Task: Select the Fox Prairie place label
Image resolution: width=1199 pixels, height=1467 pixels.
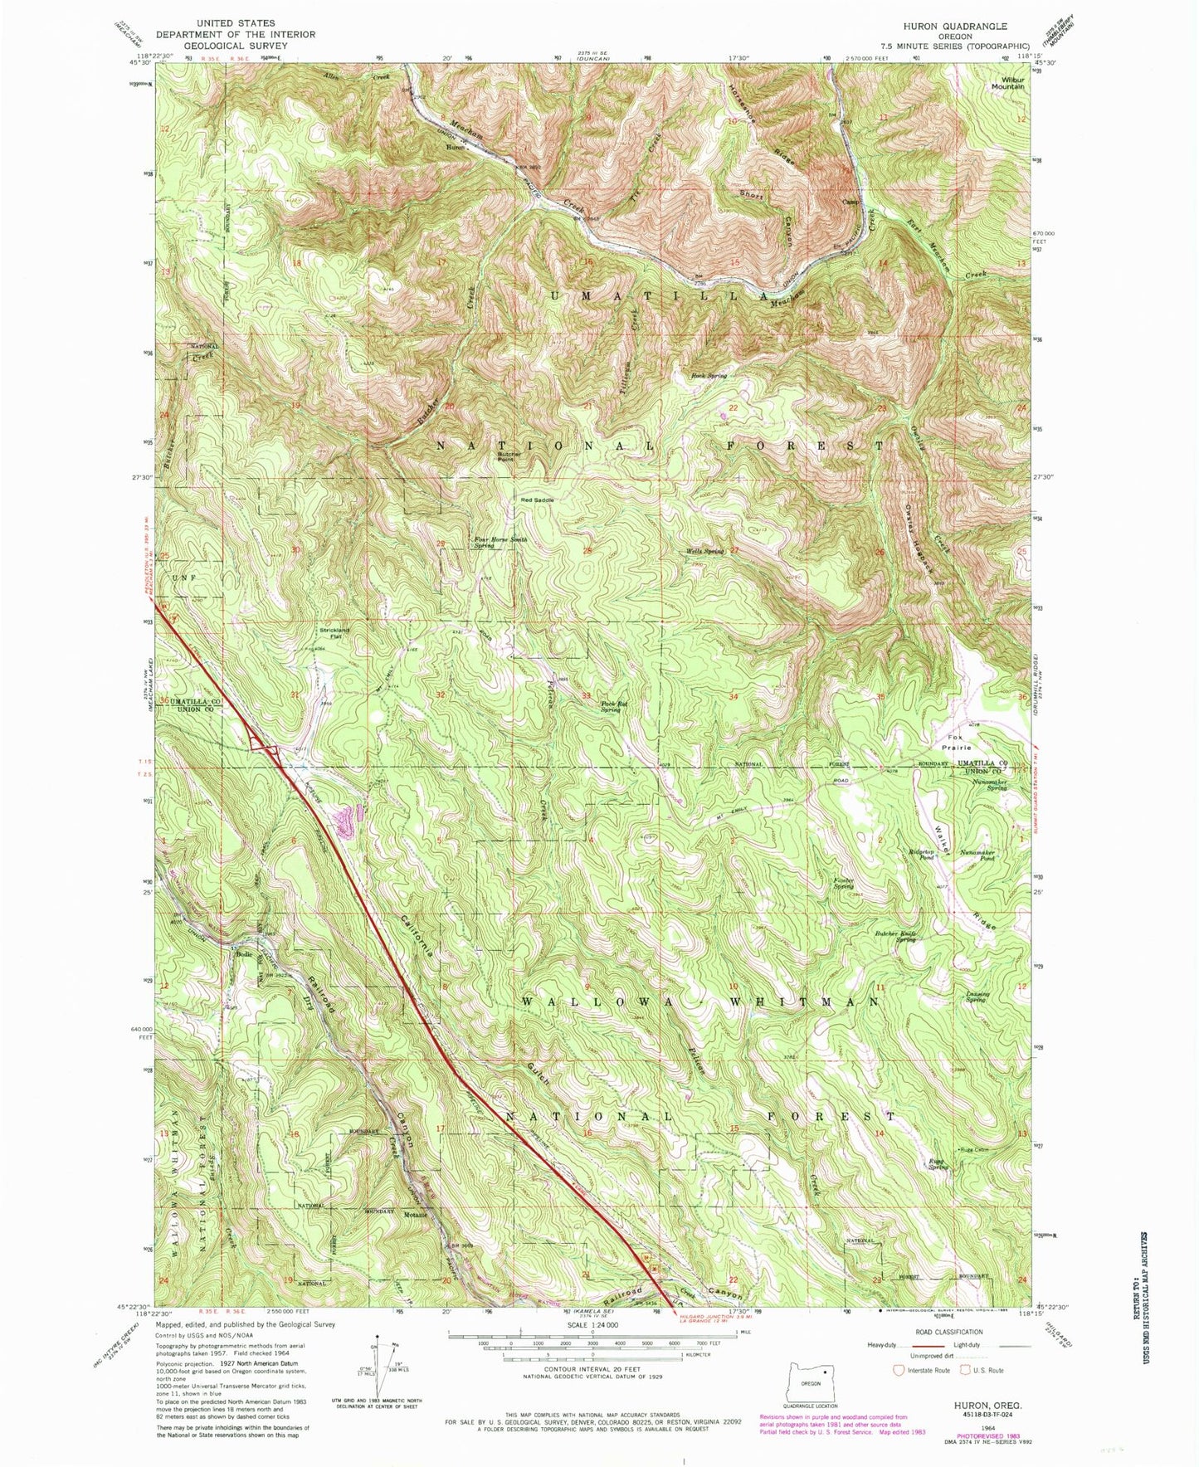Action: [x=960, y=743]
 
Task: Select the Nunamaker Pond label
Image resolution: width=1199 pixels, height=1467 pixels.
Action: [x=977, y=855]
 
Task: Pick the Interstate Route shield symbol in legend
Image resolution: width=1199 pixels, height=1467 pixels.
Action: [x=899, y=1370]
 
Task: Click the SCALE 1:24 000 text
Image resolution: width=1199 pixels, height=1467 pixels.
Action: [x=591, y=1325]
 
